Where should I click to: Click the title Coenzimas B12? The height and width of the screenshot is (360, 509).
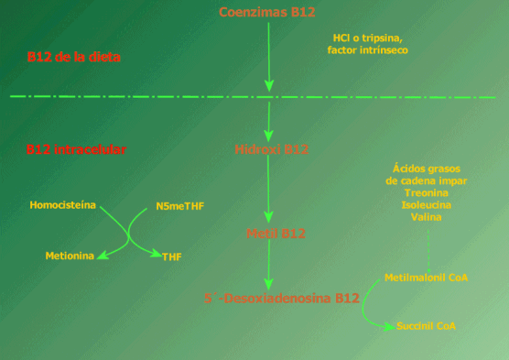coord(268,12)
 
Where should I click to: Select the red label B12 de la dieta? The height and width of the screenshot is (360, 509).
coord(73,57)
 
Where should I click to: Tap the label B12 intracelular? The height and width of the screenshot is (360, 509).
coord(76,148)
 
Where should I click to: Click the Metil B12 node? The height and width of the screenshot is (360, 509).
coord(269,235)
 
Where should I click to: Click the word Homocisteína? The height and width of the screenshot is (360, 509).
coord(62,204)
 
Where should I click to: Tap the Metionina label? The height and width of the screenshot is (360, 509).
coord(70,256)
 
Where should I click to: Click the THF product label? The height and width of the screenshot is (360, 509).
coord(171,257)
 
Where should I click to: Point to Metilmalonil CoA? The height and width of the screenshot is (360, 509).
coord(427,277)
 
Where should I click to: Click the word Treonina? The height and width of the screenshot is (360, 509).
coord(426,193)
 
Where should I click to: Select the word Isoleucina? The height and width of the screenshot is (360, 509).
coord(426,205)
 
